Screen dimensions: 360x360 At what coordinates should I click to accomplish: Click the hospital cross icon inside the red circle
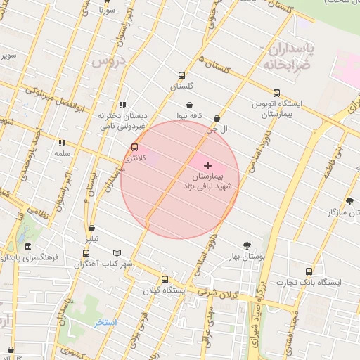click(x=207, y=165)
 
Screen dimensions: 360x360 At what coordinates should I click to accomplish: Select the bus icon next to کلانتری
click(x=134, y=148)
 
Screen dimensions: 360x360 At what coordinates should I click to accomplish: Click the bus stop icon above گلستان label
click(x=182, y=76)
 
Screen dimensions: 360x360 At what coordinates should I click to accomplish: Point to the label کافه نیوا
click(x=190, y=115)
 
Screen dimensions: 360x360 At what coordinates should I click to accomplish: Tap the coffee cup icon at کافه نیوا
click(x=190, y=105)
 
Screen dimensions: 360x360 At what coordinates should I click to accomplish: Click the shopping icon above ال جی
click(x=217, y=119)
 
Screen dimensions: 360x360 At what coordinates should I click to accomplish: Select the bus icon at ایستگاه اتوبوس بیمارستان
click(x=276, y=93)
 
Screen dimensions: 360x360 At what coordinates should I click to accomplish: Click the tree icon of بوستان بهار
click(x=247, y=245)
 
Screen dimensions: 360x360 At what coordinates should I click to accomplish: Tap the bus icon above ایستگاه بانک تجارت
click(x=309, y=271)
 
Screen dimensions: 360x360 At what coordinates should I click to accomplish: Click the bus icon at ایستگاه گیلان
click(x=165, y=279)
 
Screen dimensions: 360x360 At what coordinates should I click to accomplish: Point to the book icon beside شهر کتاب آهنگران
click(x=117, y=253)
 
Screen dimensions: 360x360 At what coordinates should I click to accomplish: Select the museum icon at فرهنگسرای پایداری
click(x=27, y=247)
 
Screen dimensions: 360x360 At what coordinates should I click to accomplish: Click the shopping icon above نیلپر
click(x=92, y=228)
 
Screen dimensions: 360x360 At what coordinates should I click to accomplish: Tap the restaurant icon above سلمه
click(x=62, y=142)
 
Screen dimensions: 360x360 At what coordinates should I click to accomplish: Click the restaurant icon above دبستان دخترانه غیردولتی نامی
click(x=123, y=105)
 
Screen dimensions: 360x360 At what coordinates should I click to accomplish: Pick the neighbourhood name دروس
click(x=108, y=61)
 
